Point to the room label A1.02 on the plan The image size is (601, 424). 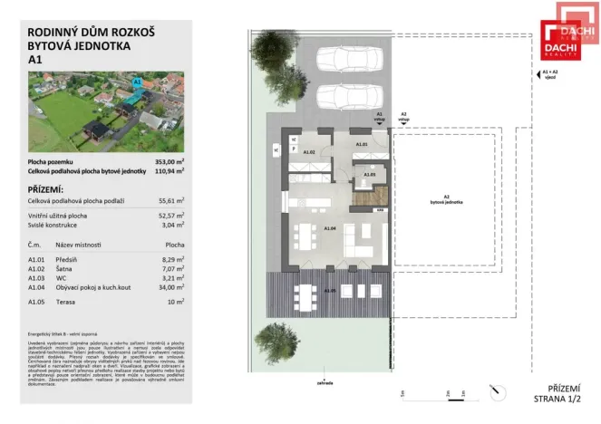(x=308, y=153)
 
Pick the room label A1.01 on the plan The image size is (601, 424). (x=361, y=145)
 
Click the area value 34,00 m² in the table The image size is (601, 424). (x=172, y=287)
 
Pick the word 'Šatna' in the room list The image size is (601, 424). (x=66, y=268)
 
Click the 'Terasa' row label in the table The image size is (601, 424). (x=67, y=301)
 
